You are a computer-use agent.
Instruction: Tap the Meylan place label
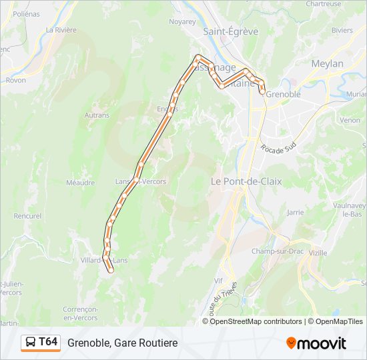[x=327, y=63]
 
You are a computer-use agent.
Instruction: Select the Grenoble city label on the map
[x=283, y=95]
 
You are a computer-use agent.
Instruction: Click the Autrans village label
[x=97, y=115]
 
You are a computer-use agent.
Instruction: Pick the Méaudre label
[x=81, y=182]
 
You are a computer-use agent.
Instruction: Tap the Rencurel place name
[x=27, y=216]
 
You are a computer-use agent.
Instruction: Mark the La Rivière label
[x=61, y=30]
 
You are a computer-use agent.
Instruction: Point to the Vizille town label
[x=318, y=253]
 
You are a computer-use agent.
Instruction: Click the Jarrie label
[x=294, y=213]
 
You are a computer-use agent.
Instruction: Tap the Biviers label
[x=342, y=30]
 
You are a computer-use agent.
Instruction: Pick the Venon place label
[x=350, y=121]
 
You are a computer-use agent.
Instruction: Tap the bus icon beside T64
[x=31, y=343]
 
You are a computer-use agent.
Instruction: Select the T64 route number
[x=49, y=343]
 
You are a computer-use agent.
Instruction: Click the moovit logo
[x=316, y=343]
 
